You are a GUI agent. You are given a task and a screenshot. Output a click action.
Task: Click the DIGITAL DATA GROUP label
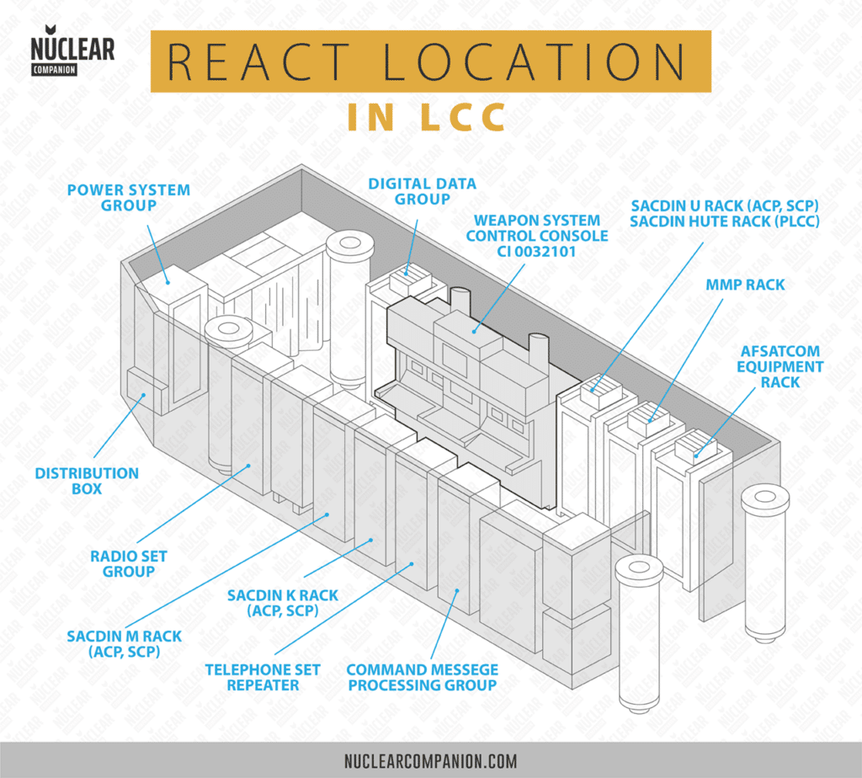[422, 190]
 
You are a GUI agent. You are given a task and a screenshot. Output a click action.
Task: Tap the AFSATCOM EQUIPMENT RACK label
[780, 366]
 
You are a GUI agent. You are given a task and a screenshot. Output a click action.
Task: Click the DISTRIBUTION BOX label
[87, 481]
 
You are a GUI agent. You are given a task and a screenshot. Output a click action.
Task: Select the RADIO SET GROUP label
[128, 563]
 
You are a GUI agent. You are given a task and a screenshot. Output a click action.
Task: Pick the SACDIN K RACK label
[283, 603]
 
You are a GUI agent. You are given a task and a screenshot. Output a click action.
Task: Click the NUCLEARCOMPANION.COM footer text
[430, 761]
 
